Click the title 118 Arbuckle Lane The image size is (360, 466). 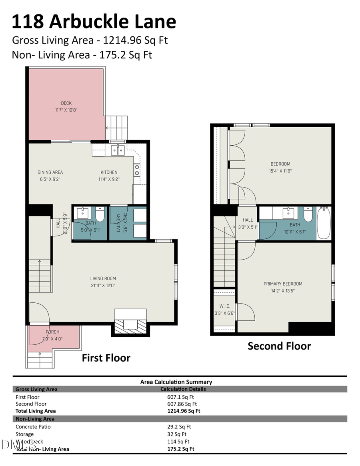94,22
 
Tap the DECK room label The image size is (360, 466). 66,103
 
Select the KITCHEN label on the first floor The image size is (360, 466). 109,172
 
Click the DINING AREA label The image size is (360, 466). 50,172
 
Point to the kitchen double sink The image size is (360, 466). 117,150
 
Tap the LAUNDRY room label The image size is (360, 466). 118,223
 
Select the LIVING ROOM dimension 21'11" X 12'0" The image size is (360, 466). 103,286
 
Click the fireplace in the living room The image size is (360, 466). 130,323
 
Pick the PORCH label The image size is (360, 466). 52,332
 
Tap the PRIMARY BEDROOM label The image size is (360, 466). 283,284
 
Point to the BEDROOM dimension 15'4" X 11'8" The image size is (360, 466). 280,171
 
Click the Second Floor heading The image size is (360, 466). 279,346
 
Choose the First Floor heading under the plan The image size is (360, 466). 106,358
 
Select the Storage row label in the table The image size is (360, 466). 25,434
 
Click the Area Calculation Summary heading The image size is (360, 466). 176,382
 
